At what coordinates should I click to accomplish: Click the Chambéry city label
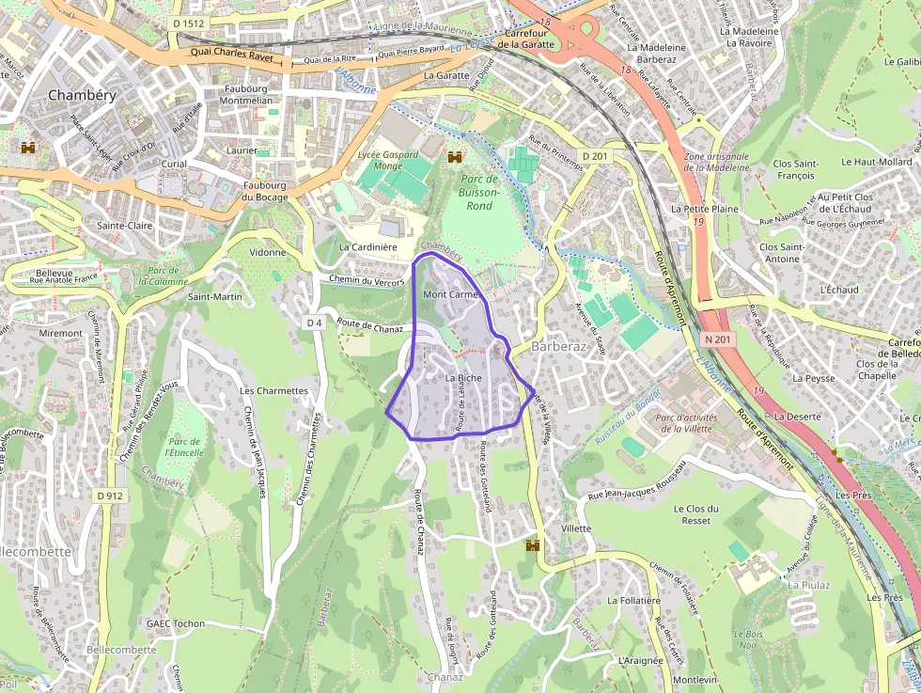tap(81, 95)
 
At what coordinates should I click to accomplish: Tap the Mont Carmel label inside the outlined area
tap(452, 294)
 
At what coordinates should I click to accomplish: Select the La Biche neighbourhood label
tap(463, 378)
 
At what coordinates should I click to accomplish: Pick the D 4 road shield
tap(314, 323)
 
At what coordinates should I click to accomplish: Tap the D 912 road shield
tap(110, 496)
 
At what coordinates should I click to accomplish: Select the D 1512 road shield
tap(188, 24)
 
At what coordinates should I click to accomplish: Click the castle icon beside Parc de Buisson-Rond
tap(456, 156)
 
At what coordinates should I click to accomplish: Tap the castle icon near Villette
tap(534, 544)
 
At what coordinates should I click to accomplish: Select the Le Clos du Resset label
tap(696, 514)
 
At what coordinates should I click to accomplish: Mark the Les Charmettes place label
tap(274, 390)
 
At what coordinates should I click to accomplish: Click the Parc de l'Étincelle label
tap(183, 447)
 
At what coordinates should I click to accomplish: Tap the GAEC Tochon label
tap(176, 623)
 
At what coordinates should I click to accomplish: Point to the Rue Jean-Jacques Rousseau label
tap(637, 480)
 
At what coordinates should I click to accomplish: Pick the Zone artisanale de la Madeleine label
tap(717, 162)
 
